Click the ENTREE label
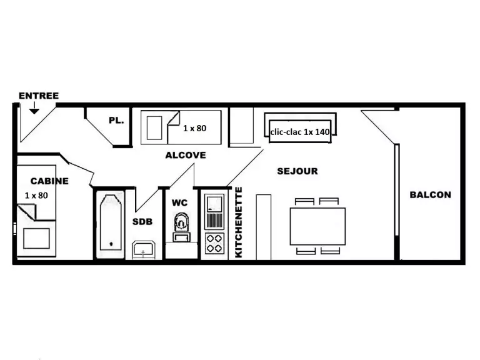point(39,96)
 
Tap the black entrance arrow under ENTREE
point(34,108)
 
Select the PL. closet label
point(116,120)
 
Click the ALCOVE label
point(186,155)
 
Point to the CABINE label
point(49,181)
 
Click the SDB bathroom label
point(142,222)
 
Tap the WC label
point(180,202)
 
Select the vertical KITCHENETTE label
point(238,222)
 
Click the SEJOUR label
point(297,171)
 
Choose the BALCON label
point(431,195)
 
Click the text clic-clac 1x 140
point(300,132)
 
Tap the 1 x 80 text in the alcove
point(195,128)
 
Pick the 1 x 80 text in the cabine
point(36,195)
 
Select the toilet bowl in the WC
point(181,222)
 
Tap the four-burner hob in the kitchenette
point(214,243)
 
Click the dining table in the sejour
point(317,226)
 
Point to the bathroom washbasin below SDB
point(143,250)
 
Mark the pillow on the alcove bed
point(154,128)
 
